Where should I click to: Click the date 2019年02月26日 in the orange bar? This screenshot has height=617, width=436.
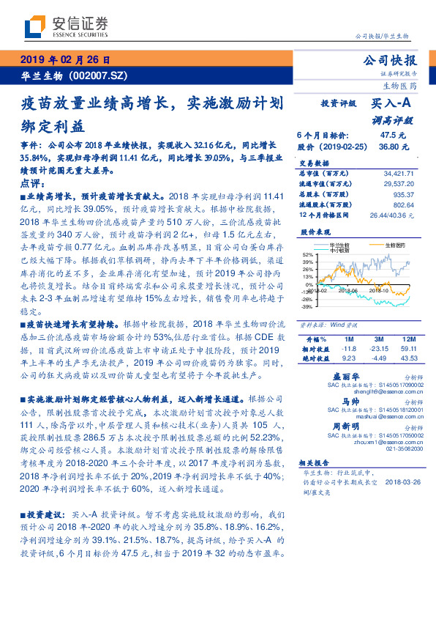[65, 59]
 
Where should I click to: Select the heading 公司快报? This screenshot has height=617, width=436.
[389, 60]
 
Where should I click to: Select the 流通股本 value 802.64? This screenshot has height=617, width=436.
[402, 205]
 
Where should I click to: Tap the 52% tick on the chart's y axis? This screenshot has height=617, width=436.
[307, 254]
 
